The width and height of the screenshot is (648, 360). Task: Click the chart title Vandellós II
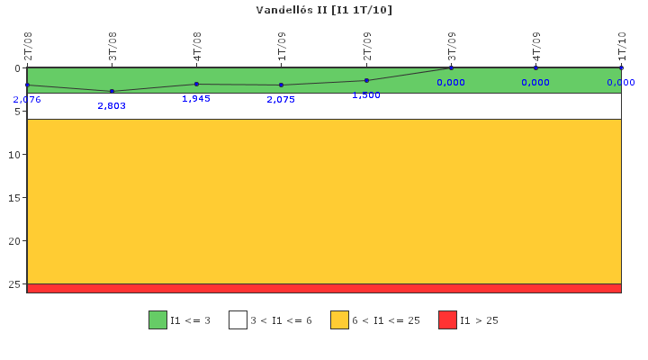323,10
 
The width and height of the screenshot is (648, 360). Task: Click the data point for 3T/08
112,91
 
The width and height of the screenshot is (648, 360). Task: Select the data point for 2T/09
366,80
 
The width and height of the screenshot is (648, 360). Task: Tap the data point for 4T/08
196,84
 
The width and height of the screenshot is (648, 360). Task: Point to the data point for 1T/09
281,85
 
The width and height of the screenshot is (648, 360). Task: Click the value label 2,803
112,105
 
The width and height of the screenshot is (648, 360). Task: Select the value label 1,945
196,98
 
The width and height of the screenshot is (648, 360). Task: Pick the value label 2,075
281,99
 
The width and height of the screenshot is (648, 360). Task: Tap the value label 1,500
366,94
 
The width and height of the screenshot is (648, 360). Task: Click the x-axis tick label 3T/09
452,46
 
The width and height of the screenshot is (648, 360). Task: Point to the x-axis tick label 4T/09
536,46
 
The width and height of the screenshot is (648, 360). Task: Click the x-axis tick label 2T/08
28,46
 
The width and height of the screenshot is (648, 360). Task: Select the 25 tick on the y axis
15,283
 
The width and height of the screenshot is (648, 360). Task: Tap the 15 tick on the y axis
15,197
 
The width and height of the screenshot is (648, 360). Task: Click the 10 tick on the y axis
15,154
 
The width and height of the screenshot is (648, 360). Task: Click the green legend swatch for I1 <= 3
157,319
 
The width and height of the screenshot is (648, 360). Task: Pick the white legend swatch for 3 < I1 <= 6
238,319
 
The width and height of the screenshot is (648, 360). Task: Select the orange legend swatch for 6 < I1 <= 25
339,319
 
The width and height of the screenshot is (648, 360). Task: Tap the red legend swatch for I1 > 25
447,319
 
